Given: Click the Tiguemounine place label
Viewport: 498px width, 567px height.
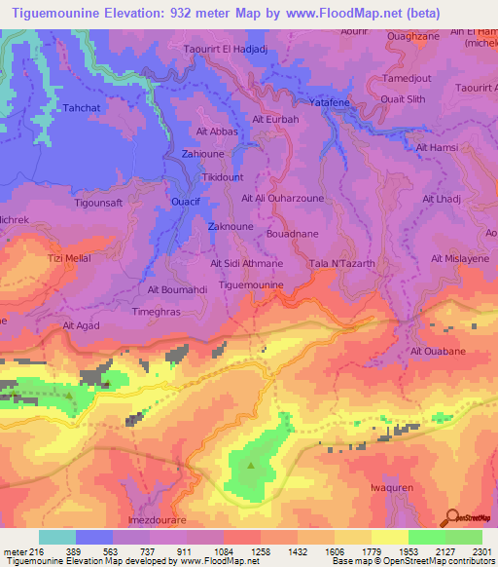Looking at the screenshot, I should [252, 284].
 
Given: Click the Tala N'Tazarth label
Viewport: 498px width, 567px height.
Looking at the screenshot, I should [335, 264].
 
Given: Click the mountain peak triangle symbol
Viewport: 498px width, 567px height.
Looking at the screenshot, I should [252, 465].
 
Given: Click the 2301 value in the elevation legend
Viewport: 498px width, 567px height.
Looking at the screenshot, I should [480, 551].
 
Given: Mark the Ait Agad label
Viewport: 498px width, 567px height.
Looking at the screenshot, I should [82, 326].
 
